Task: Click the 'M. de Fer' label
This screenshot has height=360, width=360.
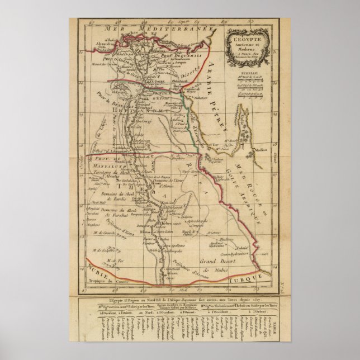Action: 112,261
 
